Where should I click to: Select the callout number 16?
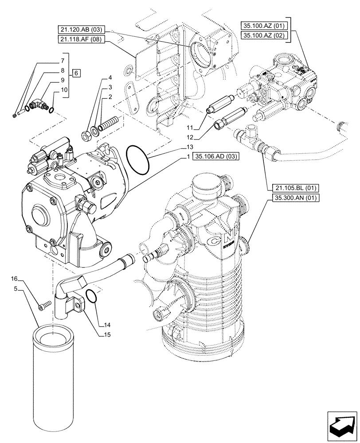[x=14, y=279]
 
